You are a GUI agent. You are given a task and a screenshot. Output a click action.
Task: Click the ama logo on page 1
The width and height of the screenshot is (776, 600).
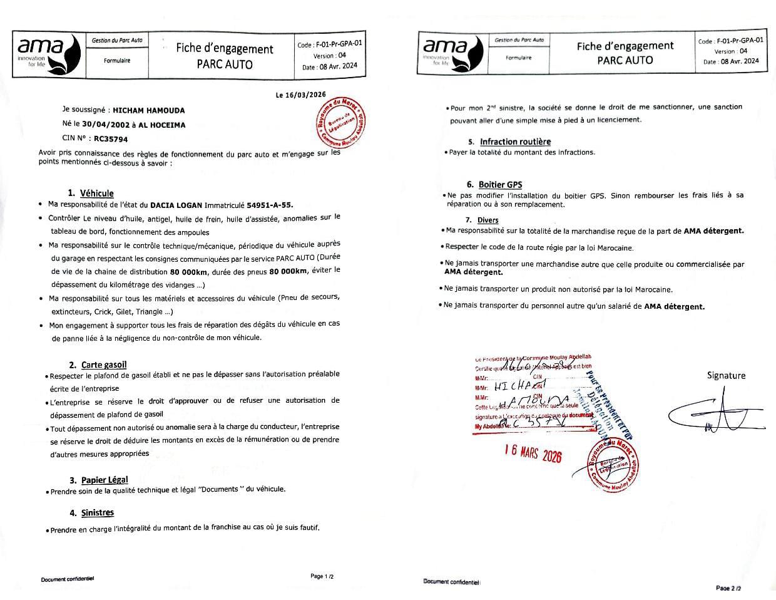47,53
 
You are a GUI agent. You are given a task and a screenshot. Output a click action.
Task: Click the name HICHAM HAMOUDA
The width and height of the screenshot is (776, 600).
148,110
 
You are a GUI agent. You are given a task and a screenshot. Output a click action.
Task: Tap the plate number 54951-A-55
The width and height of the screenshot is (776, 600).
270,205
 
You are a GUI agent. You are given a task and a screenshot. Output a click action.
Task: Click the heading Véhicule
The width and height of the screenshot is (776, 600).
96,193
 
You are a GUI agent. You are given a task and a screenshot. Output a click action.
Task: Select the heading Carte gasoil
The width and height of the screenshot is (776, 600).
104,365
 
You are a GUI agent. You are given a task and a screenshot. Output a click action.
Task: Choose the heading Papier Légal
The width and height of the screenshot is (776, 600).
105,480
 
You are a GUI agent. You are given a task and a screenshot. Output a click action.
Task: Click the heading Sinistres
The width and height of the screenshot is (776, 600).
98,512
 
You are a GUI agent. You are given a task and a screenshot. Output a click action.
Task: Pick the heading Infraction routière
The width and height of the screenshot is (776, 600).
515,142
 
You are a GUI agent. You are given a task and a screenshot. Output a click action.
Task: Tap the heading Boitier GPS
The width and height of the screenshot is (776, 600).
500,185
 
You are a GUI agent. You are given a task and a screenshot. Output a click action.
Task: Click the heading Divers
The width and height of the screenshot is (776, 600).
488,220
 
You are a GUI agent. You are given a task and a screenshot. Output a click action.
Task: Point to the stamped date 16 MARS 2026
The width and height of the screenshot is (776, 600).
533,453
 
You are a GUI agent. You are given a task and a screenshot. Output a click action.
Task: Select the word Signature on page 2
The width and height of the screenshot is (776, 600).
726,375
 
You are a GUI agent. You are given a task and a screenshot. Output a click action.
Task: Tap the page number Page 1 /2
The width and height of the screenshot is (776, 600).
326,576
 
